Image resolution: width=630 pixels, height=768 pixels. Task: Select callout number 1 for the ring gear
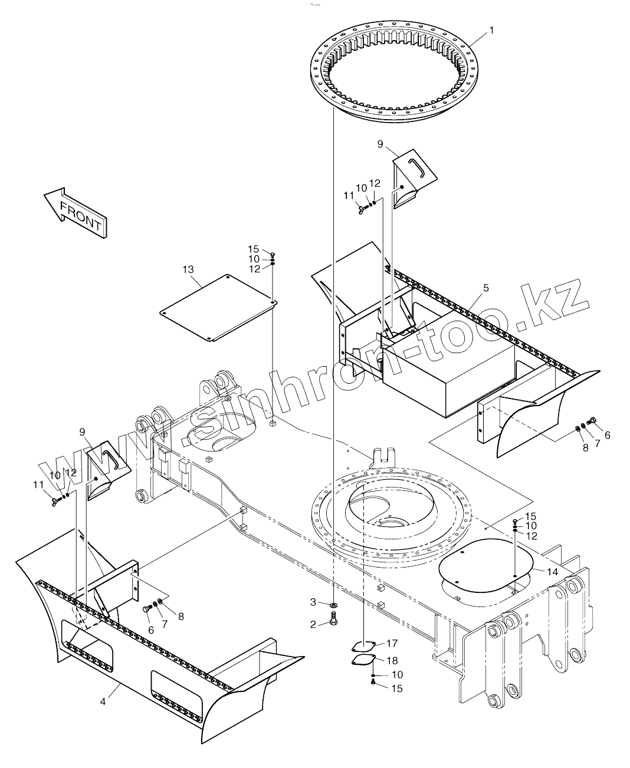click(493, 29)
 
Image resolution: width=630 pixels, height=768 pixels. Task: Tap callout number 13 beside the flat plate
click(188, 270)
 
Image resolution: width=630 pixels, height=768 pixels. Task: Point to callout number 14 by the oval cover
click(552, 572)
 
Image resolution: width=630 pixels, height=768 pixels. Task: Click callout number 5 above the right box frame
click(486, 288)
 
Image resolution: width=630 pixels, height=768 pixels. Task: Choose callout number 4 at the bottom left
click(103, 701)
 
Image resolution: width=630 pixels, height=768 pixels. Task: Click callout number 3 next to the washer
click(314, 602)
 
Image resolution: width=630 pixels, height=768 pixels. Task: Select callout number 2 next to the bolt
click(314, 623)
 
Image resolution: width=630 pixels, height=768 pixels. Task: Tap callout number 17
click(392, 643)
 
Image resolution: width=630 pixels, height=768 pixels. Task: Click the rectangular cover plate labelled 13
click(218, 306)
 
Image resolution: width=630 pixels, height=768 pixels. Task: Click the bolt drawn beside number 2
click(334, 620)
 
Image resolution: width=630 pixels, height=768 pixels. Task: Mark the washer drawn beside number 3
click(334, 605)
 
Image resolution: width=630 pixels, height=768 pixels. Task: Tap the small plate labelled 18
click(363, 662)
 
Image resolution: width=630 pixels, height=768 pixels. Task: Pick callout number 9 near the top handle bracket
click(380, 143)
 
